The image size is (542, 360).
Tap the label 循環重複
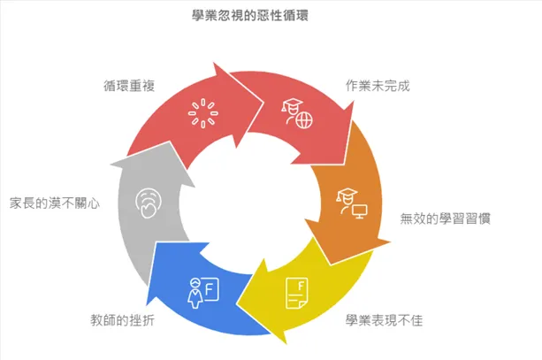[130, 87]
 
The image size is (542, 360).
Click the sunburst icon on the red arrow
[202, 113]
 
